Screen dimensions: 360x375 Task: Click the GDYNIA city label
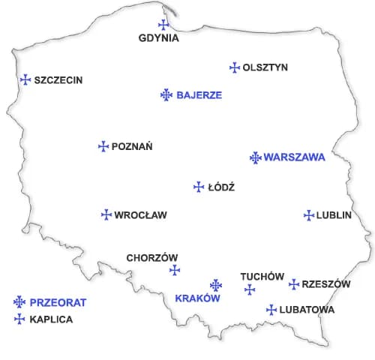pyautogui.click(x=159, y=38)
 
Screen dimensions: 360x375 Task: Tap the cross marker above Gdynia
pyautogui.click(x=163, y=25)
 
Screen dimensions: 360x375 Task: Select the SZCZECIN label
pyautogui.click(x=58, y=80)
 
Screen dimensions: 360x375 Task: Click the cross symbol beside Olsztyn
pyautogui.click(x=234, y=67)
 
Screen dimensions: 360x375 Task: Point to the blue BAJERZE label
pyautogui.click(x=199, y=95)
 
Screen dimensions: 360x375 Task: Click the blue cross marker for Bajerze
pyautogui.click(x=166, y=94)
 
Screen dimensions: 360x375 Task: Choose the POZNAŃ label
pyautogui.click(x=132, y=147)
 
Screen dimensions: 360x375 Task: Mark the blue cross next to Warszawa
pyautogui.click(x=255, y=157)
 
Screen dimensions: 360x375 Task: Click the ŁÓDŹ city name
pyautogui.click(x=221, y=187)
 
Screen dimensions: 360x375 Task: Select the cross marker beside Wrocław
pyautogui.click(x=106, y=214)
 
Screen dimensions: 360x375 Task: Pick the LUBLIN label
pyautogui.click(x=334, y=215)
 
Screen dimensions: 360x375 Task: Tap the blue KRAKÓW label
pyautogui.click(x=196, y=298)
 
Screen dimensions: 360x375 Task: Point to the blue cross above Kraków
pyautogui.click(x=216, y=285)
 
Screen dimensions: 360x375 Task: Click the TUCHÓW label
pyautogui.click(x=262, y=277)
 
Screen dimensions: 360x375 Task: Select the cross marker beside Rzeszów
pyautogui.click(x=294, y=284)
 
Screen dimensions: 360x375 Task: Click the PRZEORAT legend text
pyautogui.click(x=58, y=303)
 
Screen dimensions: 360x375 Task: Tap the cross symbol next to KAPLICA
pyautogui.click(x=19, y=319)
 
